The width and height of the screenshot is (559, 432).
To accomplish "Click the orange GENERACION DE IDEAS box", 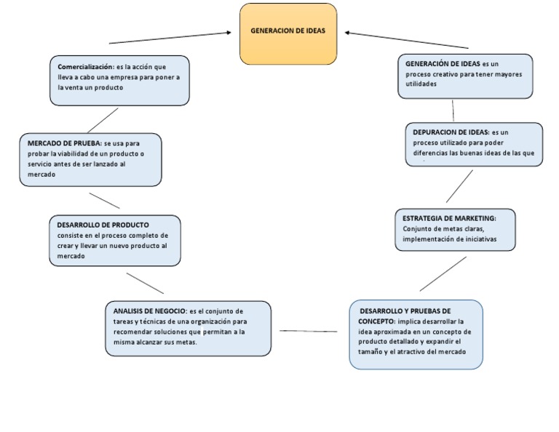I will click(288, 33).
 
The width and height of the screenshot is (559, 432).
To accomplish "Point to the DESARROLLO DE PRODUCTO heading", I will click(103, 225).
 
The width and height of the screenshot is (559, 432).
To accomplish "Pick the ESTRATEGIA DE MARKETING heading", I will click(449, 218).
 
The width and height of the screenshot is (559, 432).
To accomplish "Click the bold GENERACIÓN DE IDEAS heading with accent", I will click(443, 64).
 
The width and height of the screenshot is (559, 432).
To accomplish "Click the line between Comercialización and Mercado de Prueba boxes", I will click(103, 120).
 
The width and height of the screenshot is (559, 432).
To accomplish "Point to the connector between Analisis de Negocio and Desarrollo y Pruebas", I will click(309, 332).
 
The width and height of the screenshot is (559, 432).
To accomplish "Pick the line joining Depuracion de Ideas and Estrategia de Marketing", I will click(459, 186).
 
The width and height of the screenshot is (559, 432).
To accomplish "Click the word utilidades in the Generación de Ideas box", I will click(421, 84).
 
